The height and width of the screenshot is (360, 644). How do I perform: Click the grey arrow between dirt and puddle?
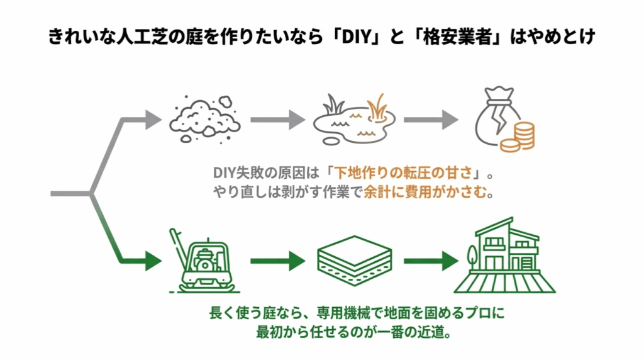point(277,119)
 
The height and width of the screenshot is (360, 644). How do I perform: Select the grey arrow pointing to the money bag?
point(431,119)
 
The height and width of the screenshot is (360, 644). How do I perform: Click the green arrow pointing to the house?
point(431,260)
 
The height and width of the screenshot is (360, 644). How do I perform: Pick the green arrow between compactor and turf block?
point(277,260)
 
